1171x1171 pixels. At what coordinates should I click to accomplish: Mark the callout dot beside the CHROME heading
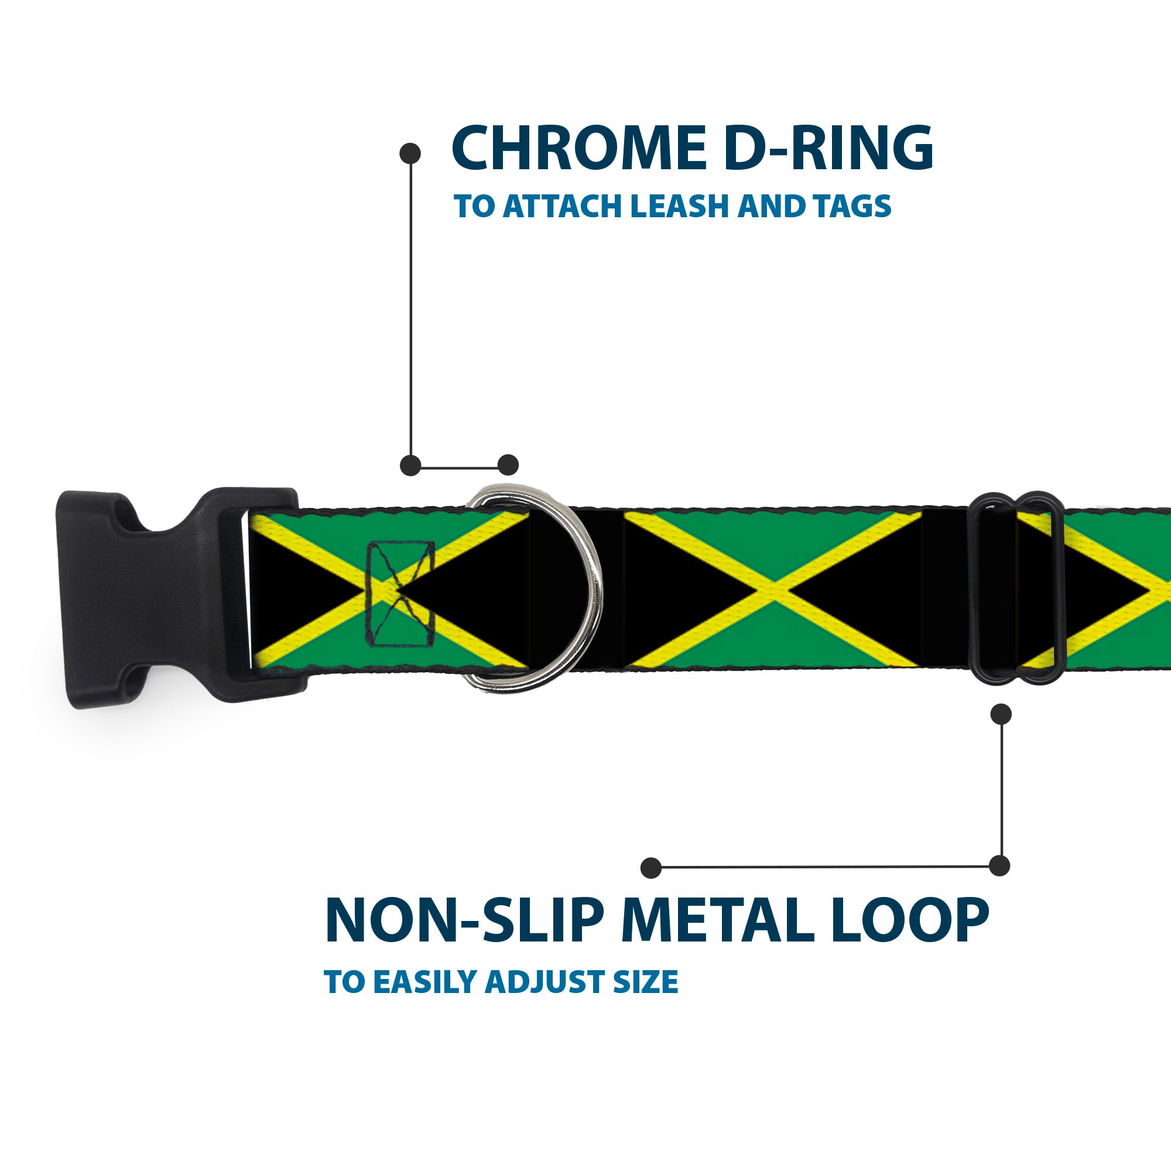[x=410, y=153]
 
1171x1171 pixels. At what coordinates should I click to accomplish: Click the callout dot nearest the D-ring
[x=508, y=465]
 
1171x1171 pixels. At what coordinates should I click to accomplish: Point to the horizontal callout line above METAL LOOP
[x=824, y=867]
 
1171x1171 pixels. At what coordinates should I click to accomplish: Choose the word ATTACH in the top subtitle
[x=564, y=206]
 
